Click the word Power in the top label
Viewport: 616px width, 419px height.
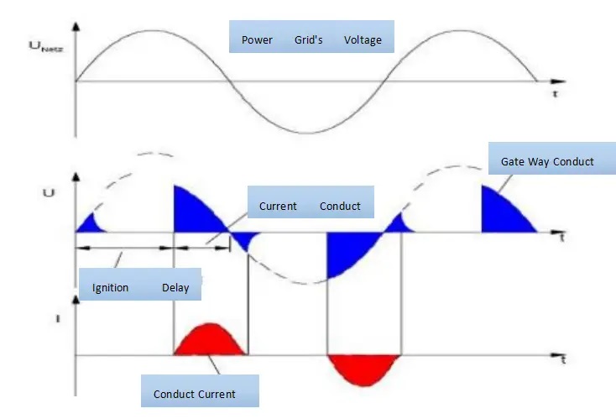[257, 39]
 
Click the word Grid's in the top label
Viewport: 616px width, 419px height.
[308, 39]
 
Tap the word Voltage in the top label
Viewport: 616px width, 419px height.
[363, 39]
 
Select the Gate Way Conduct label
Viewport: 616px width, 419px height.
[546, 161]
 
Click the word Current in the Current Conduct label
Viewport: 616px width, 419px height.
[278, 206]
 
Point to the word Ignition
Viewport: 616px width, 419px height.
[111, 288]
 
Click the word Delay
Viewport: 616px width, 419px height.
[175, 288]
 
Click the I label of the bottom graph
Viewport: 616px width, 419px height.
[56, 320]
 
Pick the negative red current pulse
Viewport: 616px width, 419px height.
[363, 367]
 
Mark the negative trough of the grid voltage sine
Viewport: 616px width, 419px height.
[306, 133]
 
